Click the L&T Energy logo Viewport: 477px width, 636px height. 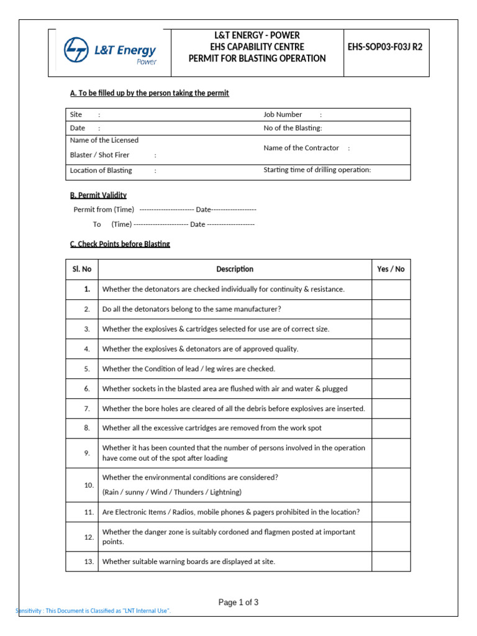[x=111, y=52]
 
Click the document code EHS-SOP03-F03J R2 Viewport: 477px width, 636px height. [x=385, y=47]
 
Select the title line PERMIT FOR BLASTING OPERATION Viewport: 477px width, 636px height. [x=257, y=58]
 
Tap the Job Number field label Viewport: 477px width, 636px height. [x=283, y=114]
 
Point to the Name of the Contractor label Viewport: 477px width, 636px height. [x=301, y=148]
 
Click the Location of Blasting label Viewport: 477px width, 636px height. [x=101, y=170]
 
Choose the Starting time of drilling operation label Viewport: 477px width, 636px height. [x=317, y=170]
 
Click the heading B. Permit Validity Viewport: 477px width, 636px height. [x=98, y=195]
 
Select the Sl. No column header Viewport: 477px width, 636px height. [x=81, y=269]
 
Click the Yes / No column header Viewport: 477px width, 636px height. [x=391, y=269]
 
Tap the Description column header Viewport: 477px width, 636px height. [x=235, y=269]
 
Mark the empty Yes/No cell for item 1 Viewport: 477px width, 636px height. [x=391, y=289]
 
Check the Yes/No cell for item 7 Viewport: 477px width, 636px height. [x=391, y=408]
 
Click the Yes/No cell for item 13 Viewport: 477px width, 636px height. [x=391, y=561]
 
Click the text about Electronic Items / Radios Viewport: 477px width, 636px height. [x=230, y=512]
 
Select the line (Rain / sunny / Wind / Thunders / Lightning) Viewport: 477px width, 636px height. [x=172, y=492]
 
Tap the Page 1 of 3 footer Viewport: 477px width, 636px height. [x=238, y=602]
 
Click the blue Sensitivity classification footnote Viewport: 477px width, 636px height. [x=93, y=611]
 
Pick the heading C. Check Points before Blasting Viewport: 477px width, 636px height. [x=120, y=244]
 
